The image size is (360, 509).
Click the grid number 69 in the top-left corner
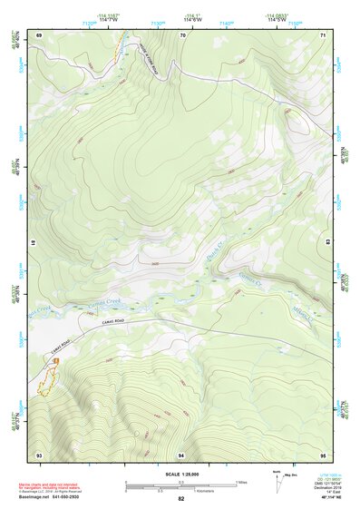tap(39, 34)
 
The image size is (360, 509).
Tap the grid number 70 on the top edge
tap(182, 34)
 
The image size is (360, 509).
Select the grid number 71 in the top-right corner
tap(324, 34)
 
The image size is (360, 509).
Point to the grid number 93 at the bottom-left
tap(39, 454)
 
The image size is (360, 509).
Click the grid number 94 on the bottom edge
tap(182, 454)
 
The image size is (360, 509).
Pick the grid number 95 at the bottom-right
tap(324, 454)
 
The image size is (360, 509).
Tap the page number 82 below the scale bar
tap(181, 499)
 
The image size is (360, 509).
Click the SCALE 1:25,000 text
tap(181, 474)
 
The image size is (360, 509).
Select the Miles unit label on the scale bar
tap(241, 482)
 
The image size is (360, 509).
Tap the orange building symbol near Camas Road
tap(55, 361)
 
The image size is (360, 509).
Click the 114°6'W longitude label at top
tap(192, 19)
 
